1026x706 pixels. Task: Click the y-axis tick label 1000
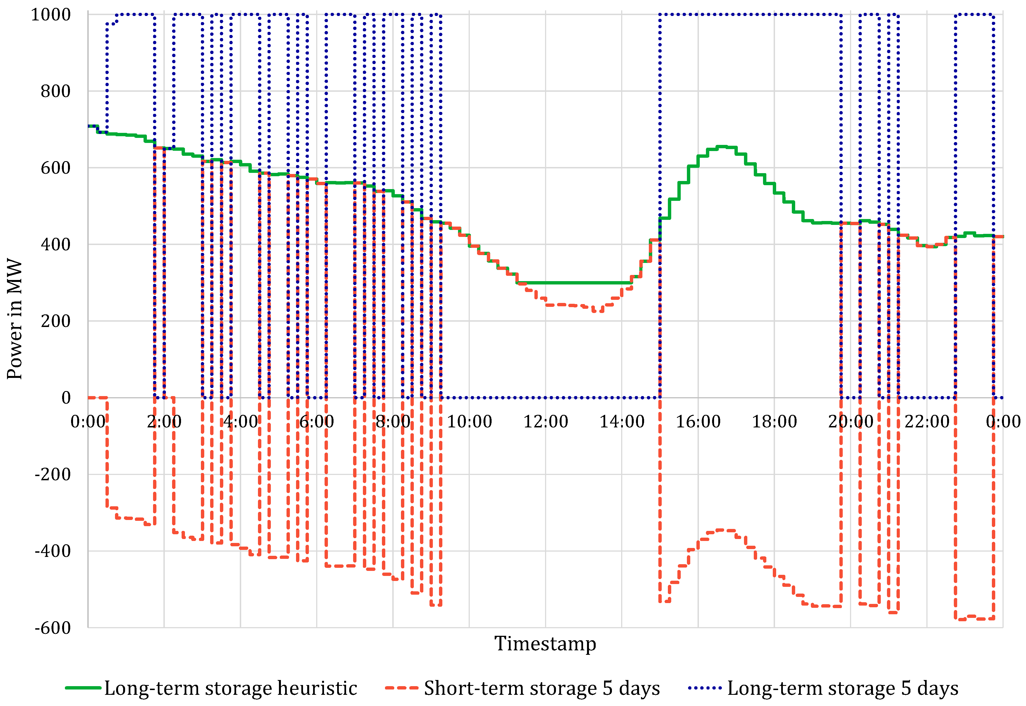pyautogui.click(x=50, y=15)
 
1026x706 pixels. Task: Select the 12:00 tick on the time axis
pyautogui.click(x=546, y=422)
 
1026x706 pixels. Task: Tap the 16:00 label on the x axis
pyautogui.click(x=698, y=422)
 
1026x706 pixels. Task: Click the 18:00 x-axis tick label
pyautogui.click(x=774, y=422)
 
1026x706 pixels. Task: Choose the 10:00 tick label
pyautogui.click(x=469, y=422)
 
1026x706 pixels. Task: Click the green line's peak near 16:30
pyautogui.click(x=722, y=146)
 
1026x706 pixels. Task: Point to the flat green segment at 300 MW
pyautogui.click(x=575, y=283)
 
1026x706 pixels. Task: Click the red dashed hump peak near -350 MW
pyautogui.click(x=722, y=530)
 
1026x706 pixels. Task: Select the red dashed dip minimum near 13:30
pyautogui.click(x=597, y=311)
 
